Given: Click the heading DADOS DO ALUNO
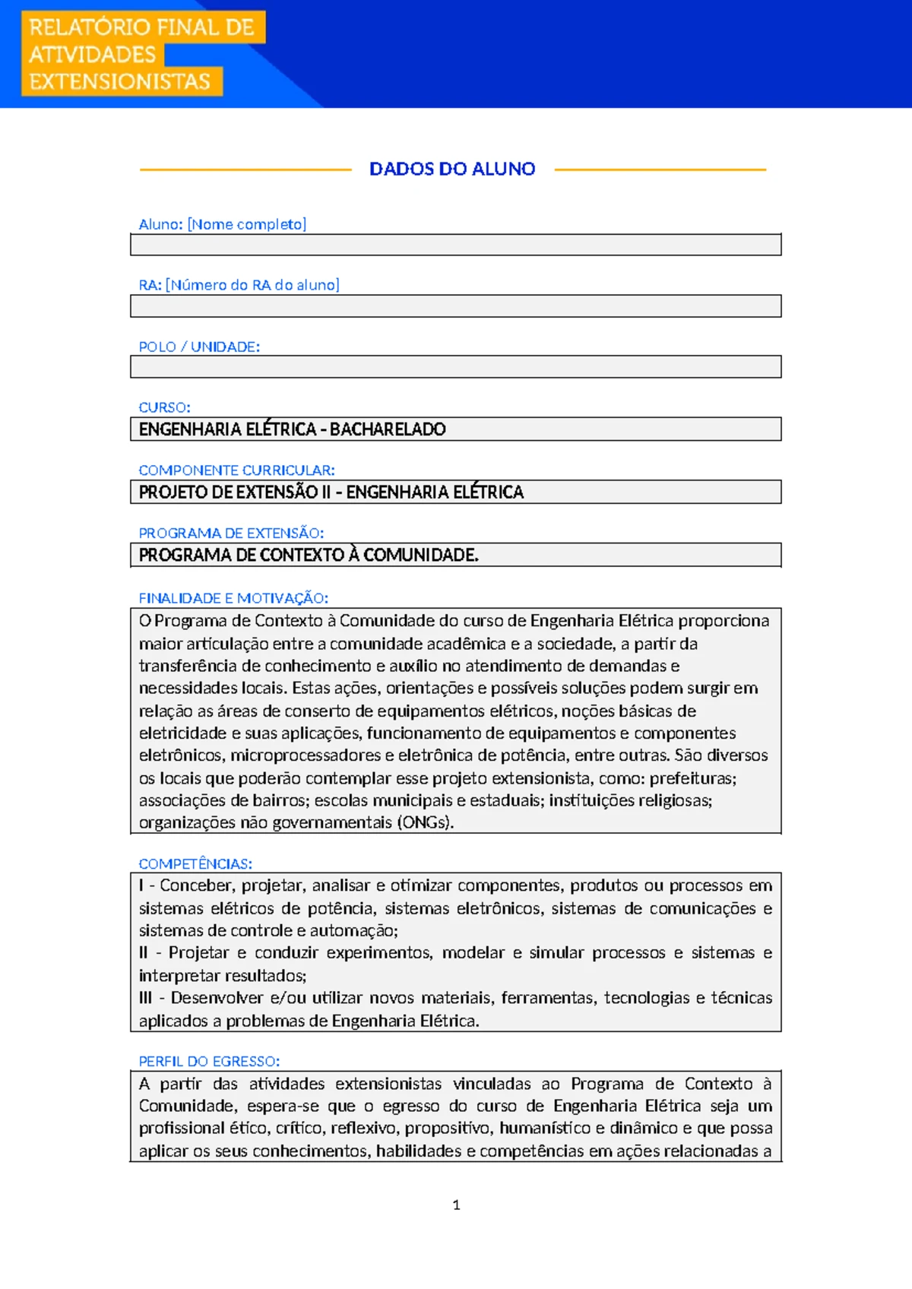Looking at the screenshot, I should coord(452,169).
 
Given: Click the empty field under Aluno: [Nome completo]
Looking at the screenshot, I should coord(455,245).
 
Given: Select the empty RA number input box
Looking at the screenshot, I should coord(455,306).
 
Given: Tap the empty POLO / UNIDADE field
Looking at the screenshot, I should coord(455,367).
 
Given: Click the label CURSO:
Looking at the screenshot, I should coord(164,407).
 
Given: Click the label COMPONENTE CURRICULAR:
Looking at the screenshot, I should coord(236,470).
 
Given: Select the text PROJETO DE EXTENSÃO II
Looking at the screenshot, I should coord(235,492).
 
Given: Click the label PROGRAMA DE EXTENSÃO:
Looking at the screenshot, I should coord(231,534).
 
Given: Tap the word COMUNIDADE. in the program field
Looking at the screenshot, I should coord(421,556).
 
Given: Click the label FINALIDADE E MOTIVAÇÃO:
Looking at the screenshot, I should coord(233,598).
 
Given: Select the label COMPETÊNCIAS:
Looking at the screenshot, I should coord(195,864).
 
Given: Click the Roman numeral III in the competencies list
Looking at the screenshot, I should coord(145,998).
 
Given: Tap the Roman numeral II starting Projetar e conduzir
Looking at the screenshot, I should coord(144,953).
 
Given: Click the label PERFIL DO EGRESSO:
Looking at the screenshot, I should coord(209,1061).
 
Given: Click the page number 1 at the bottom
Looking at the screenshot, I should coord(456,1205).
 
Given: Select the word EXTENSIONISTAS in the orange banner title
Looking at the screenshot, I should coord(119,81).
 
